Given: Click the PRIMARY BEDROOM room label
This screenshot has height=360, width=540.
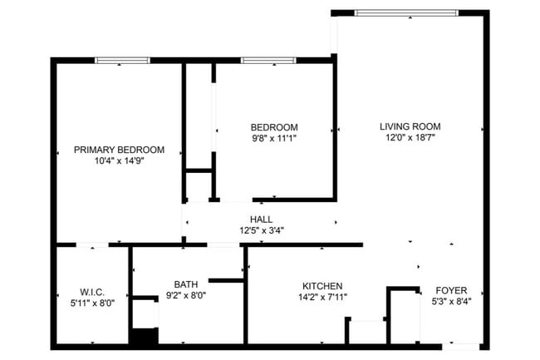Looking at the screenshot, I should pyautogui.click(x=119, y=150).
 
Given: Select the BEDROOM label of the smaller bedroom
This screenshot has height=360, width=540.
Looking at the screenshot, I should pyautogui.click(x=274, y=126).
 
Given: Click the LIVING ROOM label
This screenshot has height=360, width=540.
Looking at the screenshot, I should pyautogui.click(x=408, y=126).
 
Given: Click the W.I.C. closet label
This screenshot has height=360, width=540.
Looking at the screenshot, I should pyautogui.click(x=91, y=292).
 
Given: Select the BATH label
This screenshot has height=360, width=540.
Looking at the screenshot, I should pyautogui.click(x=186, y=284).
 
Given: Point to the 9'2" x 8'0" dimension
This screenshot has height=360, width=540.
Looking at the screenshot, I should pyautogui.click(x=186, y=295).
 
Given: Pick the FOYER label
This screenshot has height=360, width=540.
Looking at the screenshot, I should pyautogui.click(x=451, y=290).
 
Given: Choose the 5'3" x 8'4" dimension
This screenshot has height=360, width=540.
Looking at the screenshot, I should pyautogui.click(x=451, y=301).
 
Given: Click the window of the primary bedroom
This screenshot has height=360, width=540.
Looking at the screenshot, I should pyautogui.click(x=122, y=60).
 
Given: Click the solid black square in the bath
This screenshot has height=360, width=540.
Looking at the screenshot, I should pyautogui.click(x=144, y=337).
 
